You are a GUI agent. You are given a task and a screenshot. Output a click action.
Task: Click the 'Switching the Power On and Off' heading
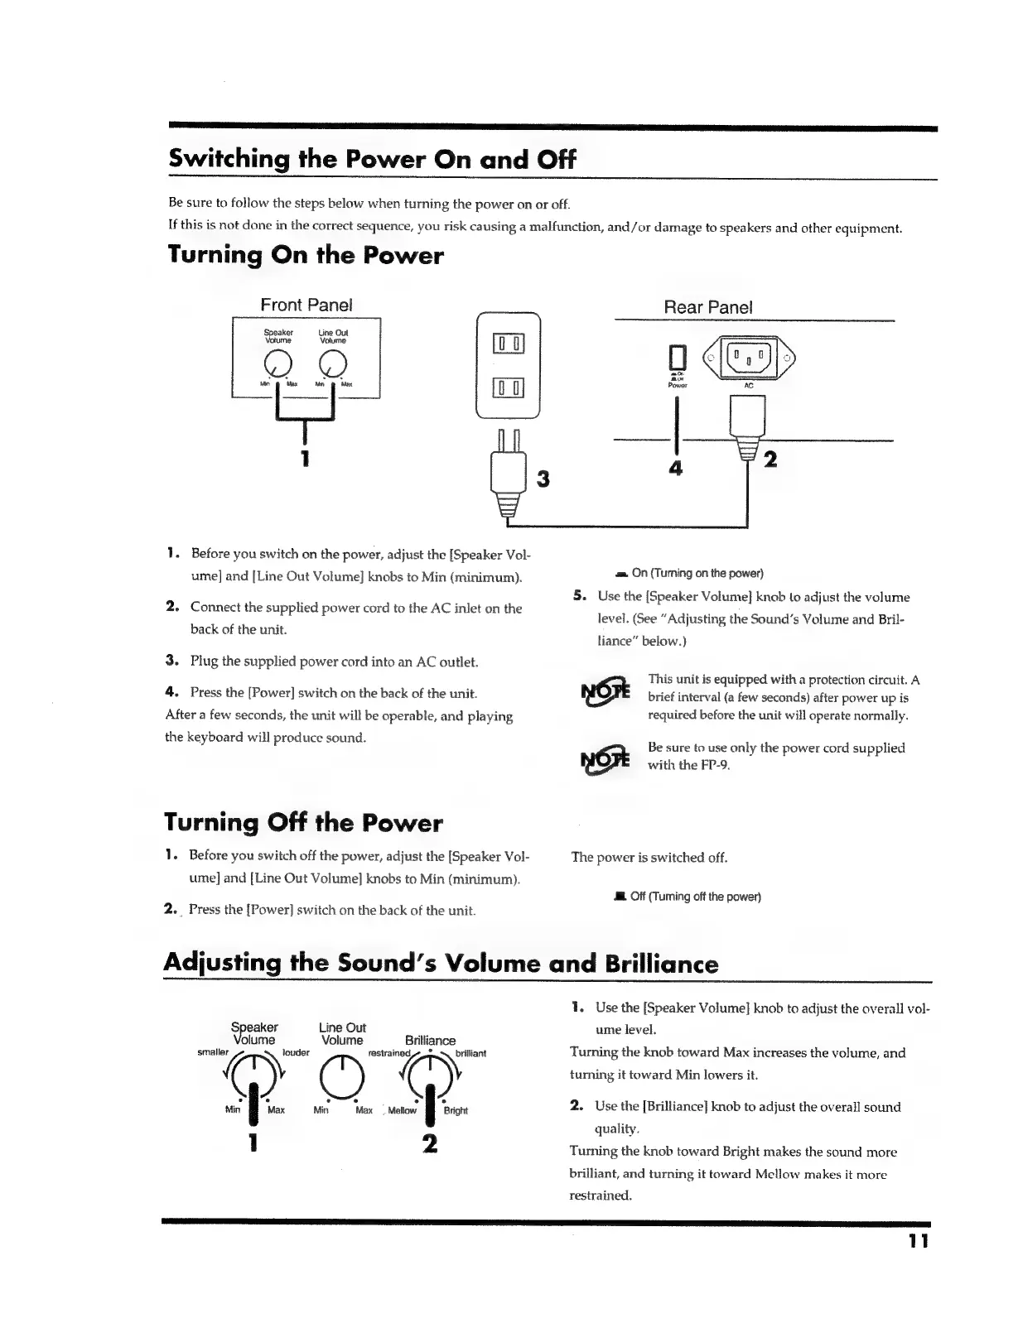tap(371, 159)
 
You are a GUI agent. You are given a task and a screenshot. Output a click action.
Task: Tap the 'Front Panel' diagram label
tap(306, 305)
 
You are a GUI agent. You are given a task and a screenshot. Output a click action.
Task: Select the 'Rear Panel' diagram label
tap(708, 307)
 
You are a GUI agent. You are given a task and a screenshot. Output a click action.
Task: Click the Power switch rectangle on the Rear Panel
tap(678, 358)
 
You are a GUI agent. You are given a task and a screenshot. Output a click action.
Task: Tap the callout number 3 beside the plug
tap(543, 479)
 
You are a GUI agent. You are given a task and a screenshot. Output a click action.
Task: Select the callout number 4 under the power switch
tap(676, 469)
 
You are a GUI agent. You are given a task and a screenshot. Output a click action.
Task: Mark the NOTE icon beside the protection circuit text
tap(605, 691)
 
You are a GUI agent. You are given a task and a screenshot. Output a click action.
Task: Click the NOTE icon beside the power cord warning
tap(605, 758)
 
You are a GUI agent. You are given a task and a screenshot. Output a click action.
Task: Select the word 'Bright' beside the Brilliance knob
tap(456, 1111)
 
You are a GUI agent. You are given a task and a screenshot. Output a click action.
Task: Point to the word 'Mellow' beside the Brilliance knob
tap(402, 1111)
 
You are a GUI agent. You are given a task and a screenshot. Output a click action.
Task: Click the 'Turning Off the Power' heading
tap(303, 823)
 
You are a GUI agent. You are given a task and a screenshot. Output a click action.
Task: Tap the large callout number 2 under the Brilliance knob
tap(429, 1143)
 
